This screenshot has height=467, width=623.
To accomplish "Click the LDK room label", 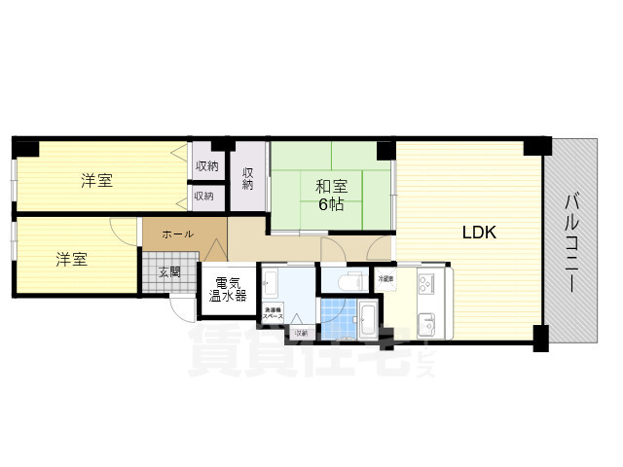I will coord(479,233).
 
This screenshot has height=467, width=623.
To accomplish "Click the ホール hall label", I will coord(176,234).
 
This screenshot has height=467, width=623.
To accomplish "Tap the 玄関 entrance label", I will coord(170,272).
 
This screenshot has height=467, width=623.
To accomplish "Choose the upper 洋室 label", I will coord(95,180).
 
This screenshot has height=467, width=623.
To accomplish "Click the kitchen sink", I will coord(428,321).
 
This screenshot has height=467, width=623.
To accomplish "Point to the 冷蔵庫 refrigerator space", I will coord(385,279).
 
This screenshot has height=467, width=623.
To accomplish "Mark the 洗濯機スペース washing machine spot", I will coord(274,314).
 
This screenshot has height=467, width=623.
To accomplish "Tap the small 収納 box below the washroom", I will coord(301,333).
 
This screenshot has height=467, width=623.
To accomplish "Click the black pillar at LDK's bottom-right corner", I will coord(540,341).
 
